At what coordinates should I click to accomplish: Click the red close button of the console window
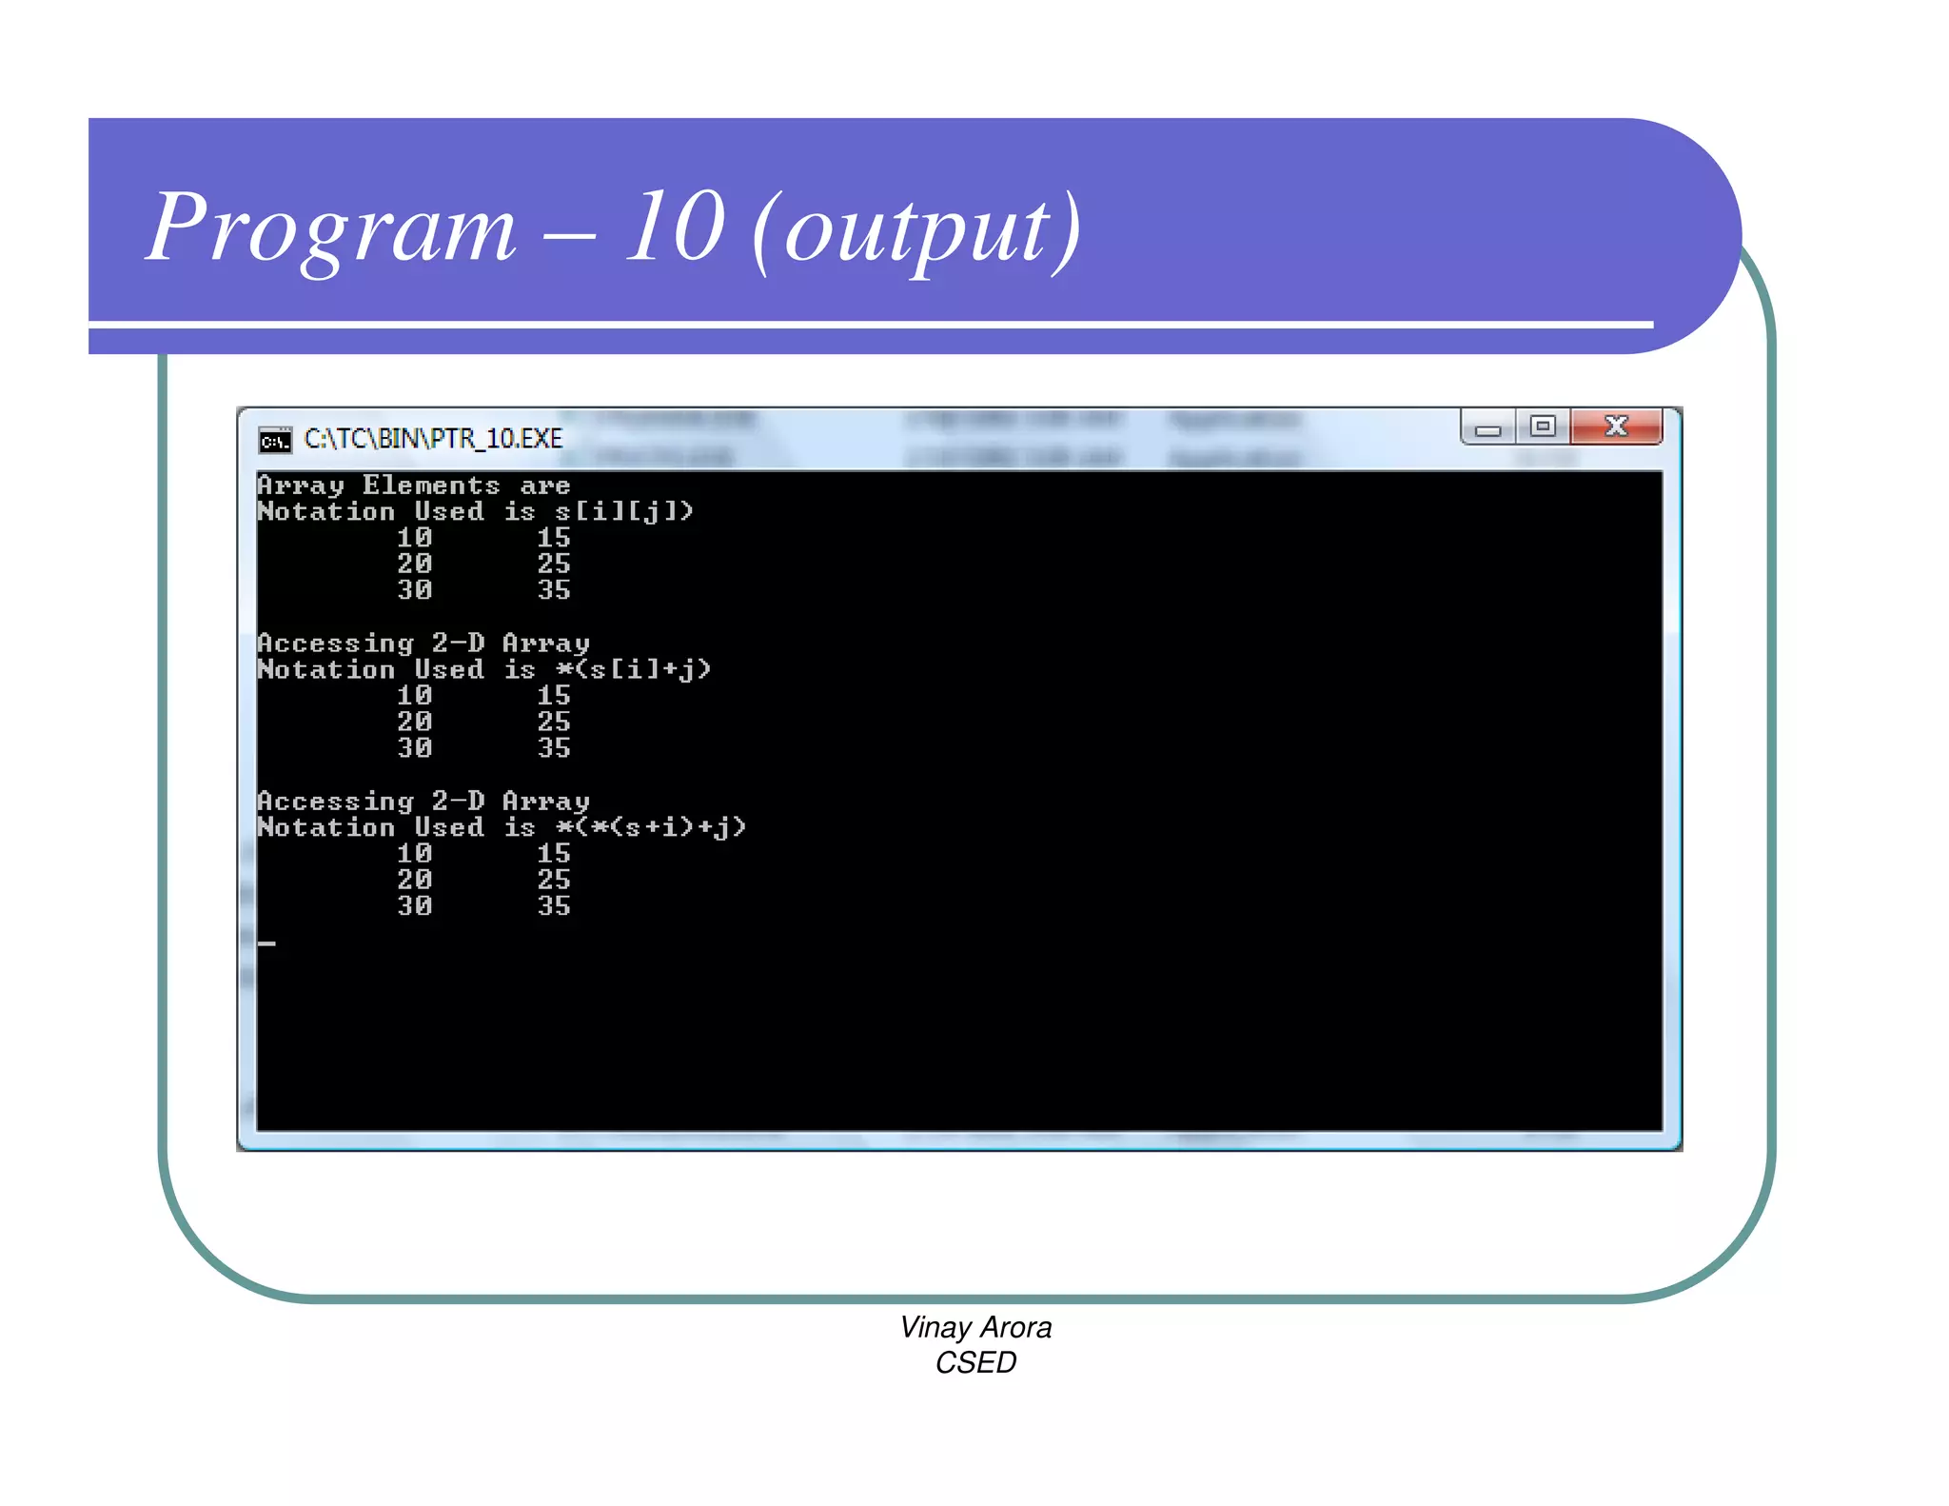coord(1615,426)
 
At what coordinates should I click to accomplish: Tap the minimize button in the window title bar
coord(1487,428)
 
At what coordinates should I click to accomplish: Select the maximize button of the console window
coord(1543,426)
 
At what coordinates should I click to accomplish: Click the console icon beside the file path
coord(275,440)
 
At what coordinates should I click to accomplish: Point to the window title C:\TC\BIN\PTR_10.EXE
coord(433,439)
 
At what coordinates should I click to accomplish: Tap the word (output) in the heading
coord(916,230)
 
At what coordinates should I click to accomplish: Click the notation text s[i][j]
coord(624,512)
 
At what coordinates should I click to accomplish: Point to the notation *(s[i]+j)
coord(634,670)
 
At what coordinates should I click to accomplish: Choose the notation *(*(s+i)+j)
coord(651,828)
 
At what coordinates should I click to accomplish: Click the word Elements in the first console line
coord(431,485)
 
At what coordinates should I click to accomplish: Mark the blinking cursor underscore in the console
coord(266,943)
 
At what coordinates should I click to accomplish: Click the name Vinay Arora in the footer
coord(975,1327)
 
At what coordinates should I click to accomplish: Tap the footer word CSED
coord(975,1363)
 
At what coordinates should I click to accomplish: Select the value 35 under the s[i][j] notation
coord(554,590)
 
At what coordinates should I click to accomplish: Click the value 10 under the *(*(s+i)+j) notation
coord(415,854)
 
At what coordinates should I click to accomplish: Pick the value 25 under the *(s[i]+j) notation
coord(554,723)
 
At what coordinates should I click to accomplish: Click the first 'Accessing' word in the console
coord(336,644)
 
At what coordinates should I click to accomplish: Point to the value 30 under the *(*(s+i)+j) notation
coord(415,906)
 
